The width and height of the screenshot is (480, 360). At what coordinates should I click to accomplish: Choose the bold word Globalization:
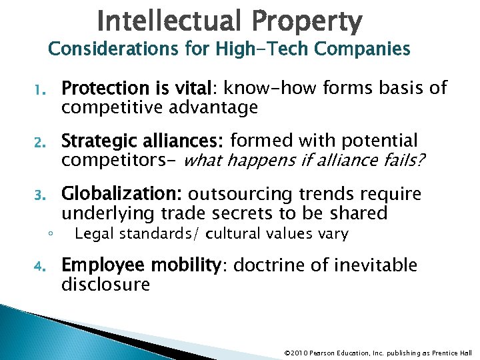pos(122,194)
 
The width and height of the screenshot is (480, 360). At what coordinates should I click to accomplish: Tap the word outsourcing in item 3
pos(241,195)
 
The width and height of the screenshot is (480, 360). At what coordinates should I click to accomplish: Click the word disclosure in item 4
pos(106,285)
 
